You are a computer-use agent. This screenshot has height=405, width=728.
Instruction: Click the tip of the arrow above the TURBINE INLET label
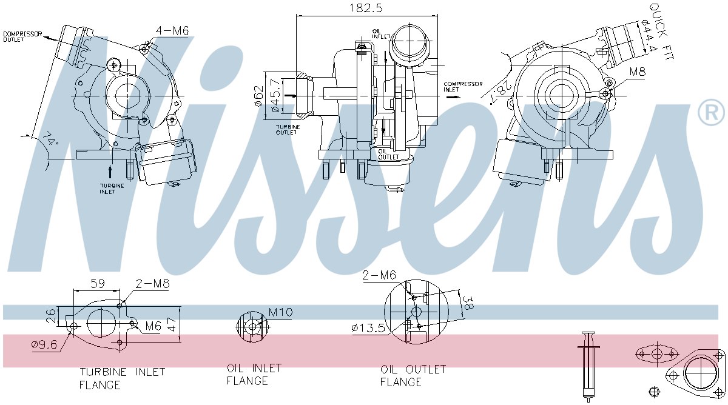110,166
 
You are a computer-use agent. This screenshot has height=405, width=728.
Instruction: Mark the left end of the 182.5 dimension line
297,15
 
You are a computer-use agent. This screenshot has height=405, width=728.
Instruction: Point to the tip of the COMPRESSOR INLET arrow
460,96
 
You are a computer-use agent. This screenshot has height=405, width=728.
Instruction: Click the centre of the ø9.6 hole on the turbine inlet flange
74,326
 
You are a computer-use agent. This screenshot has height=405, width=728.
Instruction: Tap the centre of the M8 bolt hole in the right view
605,94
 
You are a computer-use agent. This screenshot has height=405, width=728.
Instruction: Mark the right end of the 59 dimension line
120,290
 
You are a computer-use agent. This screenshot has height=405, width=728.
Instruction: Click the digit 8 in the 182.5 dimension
359,8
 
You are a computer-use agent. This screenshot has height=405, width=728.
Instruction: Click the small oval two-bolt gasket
657,353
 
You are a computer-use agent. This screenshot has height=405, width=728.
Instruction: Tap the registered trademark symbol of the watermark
711,112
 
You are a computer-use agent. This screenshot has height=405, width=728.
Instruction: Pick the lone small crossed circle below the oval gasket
654,392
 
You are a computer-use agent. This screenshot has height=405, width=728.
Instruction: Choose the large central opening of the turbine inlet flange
101,323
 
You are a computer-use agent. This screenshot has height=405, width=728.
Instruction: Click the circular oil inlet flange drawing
252,326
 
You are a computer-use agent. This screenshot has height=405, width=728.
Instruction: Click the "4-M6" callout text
172,31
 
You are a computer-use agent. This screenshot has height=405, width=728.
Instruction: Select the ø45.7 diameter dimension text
275,96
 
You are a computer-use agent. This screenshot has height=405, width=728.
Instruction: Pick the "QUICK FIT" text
661,31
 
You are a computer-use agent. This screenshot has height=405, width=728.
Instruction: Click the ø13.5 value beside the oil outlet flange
368,328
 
